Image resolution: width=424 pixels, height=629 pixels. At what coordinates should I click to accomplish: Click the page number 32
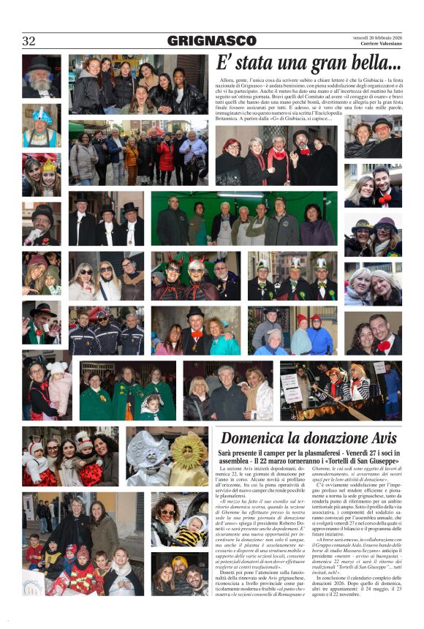point(29,41)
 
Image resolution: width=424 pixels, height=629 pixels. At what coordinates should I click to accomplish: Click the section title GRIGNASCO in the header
point(211,41)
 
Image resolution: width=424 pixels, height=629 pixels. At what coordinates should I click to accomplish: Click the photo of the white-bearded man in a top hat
point(41,76)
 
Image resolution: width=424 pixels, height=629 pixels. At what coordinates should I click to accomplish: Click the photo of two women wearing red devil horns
point(194,275)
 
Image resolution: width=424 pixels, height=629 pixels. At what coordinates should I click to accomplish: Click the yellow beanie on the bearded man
point(180,561)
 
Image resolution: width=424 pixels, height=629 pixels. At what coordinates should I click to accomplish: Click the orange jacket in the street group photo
point(131,157)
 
